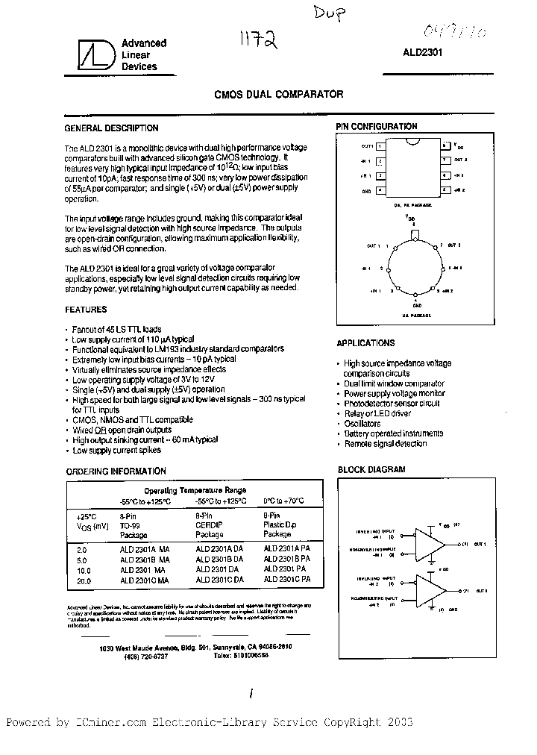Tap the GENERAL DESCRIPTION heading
pos(112,128)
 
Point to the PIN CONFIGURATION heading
pos(377,127)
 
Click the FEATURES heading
pos(87,309)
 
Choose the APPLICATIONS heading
pos(366,343)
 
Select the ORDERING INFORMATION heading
pos(116,472)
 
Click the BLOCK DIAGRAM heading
pos(371,470)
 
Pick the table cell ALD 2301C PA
pos(287,579)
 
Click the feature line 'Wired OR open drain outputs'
pos(122,430)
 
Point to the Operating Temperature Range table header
pos(195,490)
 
